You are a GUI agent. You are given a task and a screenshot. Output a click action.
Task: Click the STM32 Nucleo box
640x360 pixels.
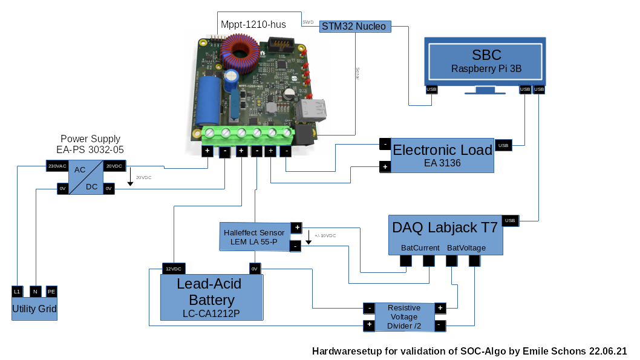click(354, 26)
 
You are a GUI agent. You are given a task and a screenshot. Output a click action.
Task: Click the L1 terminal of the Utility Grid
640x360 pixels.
click(17, 292)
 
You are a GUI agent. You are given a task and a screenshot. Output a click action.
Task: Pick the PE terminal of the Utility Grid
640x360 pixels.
click(51, 292)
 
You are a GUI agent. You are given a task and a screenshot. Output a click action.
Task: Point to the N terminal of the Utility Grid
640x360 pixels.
click(36, 292)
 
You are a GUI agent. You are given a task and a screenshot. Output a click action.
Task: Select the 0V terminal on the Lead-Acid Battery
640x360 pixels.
click(254, 269)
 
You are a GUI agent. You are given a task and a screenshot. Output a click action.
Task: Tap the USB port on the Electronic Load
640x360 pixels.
click(503, 145)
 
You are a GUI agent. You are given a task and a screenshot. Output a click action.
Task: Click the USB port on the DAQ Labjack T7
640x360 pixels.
click(510, 221)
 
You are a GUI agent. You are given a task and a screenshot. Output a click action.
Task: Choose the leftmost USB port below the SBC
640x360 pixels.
click(431, 90)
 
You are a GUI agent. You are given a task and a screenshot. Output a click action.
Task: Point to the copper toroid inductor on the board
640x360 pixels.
click(241, 53)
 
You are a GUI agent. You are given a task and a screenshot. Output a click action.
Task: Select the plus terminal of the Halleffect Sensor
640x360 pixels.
click(296, 227)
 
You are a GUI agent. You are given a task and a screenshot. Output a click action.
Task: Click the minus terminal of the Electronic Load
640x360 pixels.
click(384, 144)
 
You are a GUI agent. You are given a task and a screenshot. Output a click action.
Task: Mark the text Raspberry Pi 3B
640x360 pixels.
click(486, 69)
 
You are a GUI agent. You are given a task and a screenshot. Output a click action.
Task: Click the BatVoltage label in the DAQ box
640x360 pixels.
click(466, 248)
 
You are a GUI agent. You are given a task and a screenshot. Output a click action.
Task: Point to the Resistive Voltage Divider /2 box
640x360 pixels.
click(404, 317)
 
